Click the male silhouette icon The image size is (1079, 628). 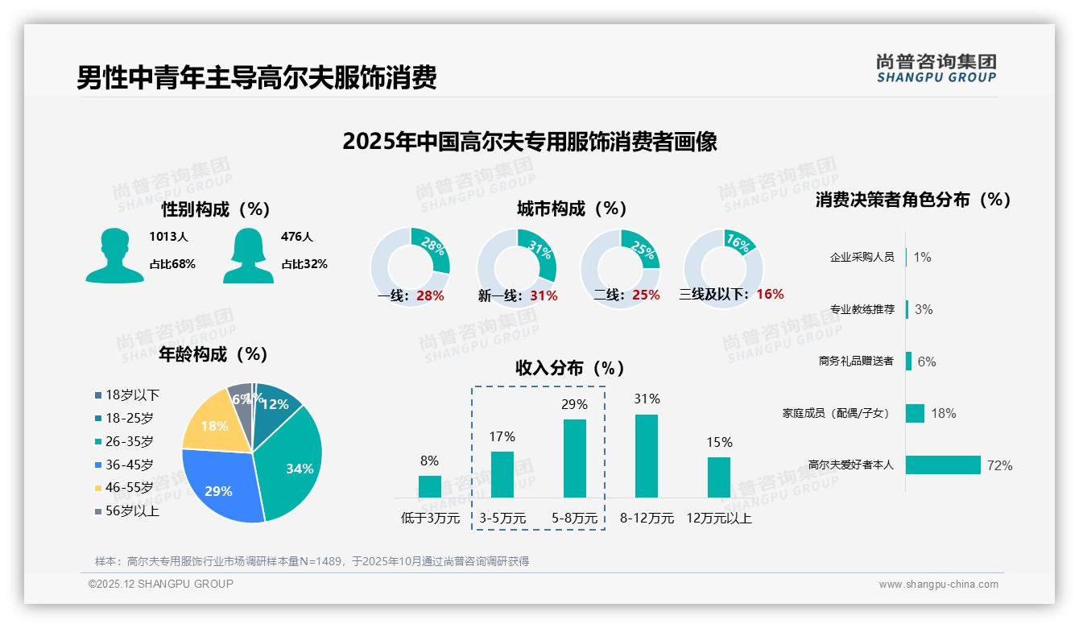pos(114,256)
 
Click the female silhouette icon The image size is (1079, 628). pos(248,256)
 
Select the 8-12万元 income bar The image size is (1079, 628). pos(647,456)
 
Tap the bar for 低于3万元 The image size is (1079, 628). pos(430,486)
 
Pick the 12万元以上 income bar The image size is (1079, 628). pos(719,477)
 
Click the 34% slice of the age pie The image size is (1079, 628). pos(294,459)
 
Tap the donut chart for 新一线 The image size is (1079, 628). pos(517,267)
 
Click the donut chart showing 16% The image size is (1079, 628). pos(722,267)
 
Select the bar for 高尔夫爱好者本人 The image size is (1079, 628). pos(943,465)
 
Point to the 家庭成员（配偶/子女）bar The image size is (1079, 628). pos(915,413)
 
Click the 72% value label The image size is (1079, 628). pos(999,465)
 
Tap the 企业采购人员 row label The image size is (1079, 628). pos(862,257)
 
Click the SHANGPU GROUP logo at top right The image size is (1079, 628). pos(936,68)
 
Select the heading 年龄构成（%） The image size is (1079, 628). pos(213,354)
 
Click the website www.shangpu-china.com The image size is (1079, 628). pos(938,585)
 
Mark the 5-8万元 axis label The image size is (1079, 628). pos(575,519)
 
